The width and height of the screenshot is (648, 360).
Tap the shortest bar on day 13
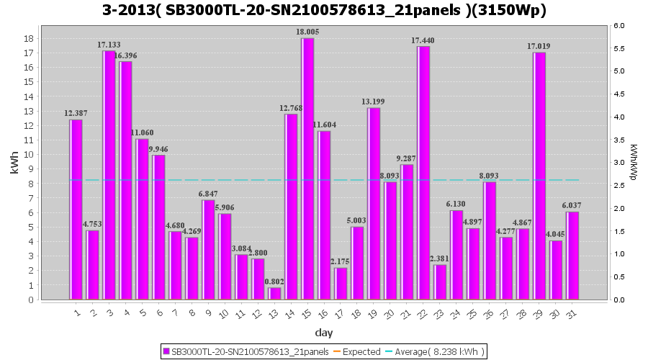[274, 293]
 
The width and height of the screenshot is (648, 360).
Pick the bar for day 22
[424, 173]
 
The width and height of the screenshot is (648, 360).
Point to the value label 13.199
[374, 102]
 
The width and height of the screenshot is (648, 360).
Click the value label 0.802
[274, 281]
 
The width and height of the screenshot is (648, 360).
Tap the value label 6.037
[572, 205]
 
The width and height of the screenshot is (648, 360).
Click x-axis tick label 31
[572, 313]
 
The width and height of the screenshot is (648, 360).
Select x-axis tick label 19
[373, 313]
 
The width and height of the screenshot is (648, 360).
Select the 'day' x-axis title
[323, 333]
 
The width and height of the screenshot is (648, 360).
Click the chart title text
[324, 11]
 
